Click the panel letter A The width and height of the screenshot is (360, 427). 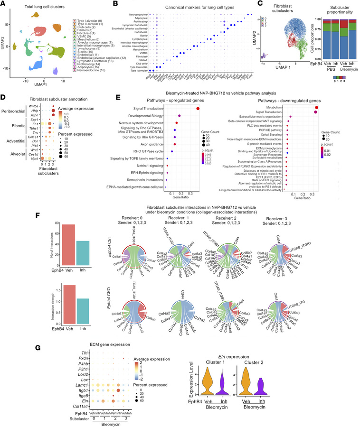point(4,4)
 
